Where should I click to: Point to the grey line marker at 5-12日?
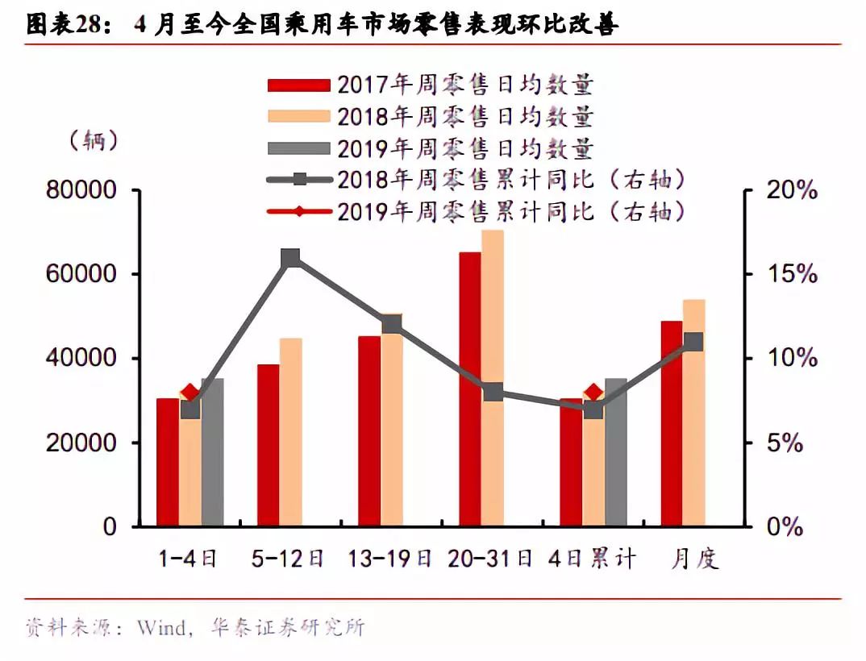(x=291, y=258)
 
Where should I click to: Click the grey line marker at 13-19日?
(x=392, y=324)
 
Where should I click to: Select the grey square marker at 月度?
(x=693, y=342)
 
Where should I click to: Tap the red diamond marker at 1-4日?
(x=190, y=393)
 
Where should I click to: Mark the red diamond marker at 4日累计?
(x=593, y=393)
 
